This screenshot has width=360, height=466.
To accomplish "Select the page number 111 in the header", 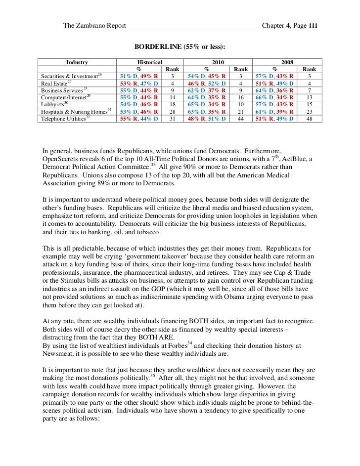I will coord(313,25).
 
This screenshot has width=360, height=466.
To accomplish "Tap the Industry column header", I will coord(77,62).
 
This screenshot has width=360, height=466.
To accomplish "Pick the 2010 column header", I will coord(218,62).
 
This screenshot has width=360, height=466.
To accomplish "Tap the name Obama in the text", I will coord(233,291).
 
